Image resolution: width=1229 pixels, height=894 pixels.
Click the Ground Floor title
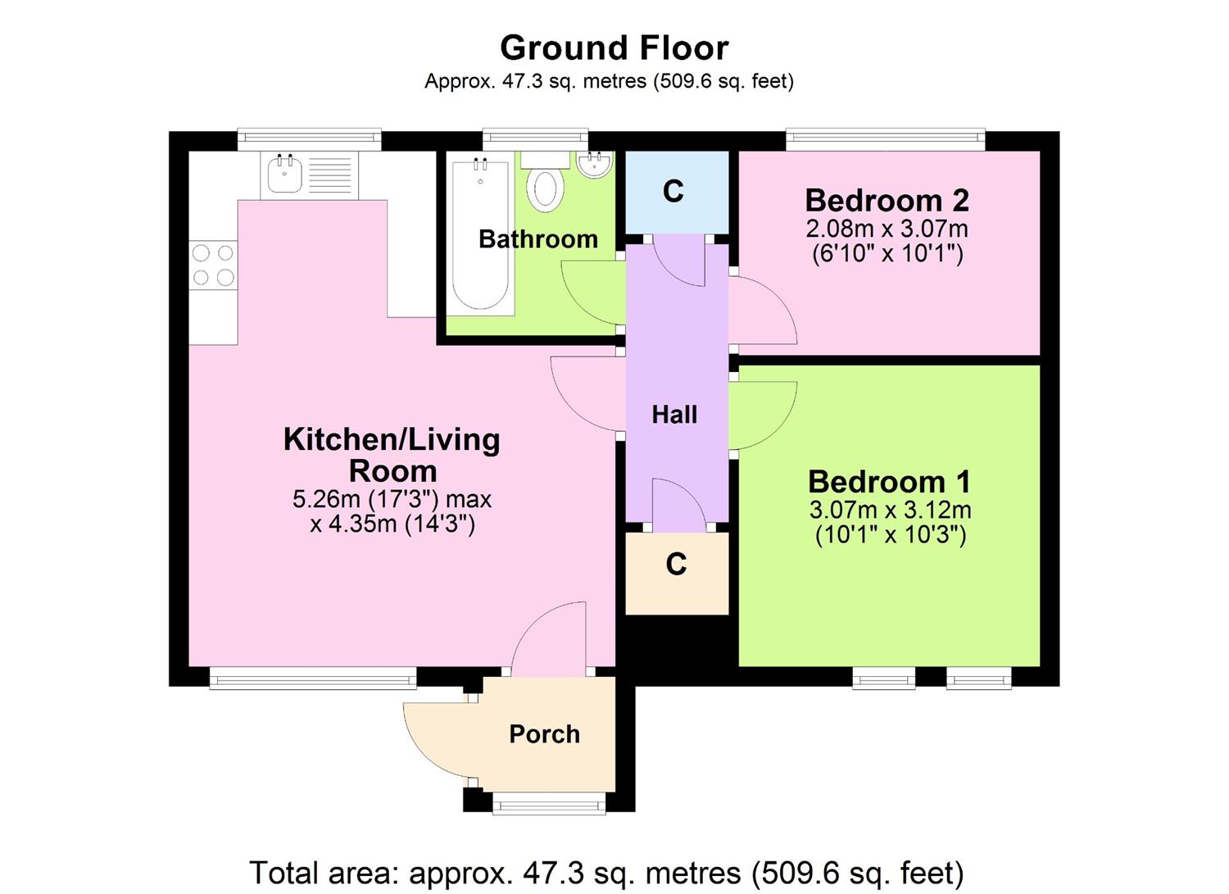(x=614, y=48)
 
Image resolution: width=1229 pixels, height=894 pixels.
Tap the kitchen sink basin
(x=284, y=174)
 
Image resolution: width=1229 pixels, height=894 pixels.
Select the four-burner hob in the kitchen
(x=213, y=265)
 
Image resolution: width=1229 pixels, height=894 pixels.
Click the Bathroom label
(x=538, y=239)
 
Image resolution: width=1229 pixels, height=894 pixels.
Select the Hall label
(x=674, y=415)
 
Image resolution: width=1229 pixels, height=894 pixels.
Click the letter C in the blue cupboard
(x=673, y=192)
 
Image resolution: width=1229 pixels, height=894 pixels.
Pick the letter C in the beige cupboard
(x=676, y=565)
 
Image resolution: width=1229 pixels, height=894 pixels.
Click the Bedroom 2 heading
(x=887, y=200)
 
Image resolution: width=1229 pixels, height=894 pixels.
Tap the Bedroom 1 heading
(x=889, y=481)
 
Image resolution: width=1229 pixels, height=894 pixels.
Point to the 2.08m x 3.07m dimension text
(x=888, y=228)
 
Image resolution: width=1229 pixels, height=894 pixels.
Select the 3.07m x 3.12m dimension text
(x=890, y=510)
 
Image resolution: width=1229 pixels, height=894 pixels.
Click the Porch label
(x=544, y=733)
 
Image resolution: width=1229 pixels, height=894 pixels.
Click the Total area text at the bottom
(x=605, y=873)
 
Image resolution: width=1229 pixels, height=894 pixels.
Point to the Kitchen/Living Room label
(x=392, y=455)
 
